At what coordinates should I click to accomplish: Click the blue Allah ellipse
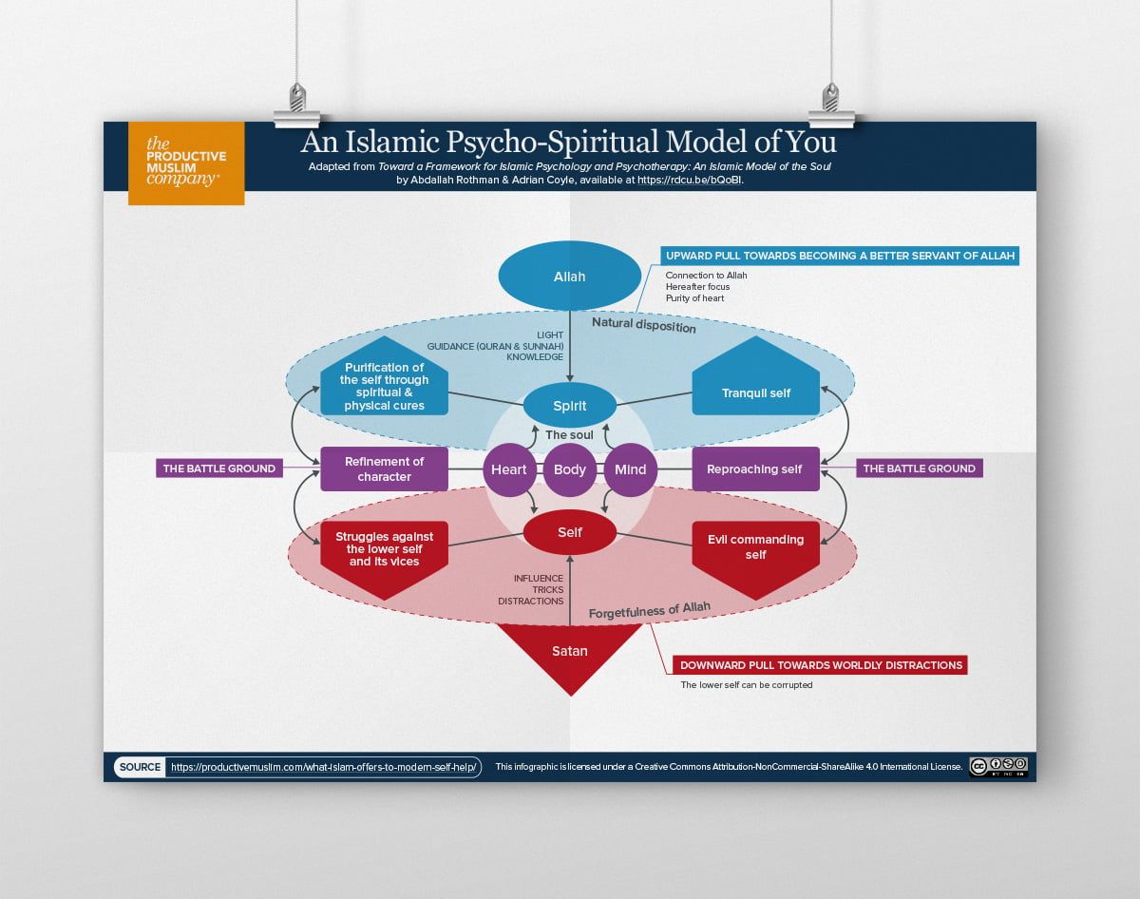pyautogui.click(x=570, y=277)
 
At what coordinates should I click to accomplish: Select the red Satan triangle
pyautogui.click(x=570, y=654)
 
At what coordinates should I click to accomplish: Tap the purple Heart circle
pyautogui.click(x=509, y=469)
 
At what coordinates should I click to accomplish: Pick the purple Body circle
pyautogui.click(x=570, y=469)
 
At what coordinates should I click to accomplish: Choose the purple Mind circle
pyautogui.click(x=630, y=469)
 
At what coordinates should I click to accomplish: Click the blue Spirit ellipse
pyautogui.click(x=570, y=406)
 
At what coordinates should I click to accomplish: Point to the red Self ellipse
pyautogui.click(x=570, y=532)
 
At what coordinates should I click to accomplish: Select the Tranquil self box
pyautogui.click(x=755, y=385)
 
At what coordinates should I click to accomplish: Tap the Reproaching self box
pyautogui.click(x=755, y=469)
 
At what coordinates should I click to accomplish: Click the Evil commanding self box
pyautogui.click(x=755, y=551)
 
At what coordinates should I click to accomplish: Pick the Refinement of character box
pyautogui.click(x=384, y=469)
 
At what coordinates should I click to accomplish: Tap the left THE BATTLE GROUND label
pyautogui.click(x=219, y=469)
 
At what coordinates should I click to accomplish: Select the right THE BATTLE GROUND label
pyautogui.click(x=919, y=469)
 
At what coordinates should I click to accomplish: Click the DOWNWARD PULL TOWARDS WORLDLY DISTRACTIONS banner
pyautogui.click(x=819, y=665)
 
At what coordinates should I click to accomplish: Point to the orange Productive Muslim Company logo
pyautogui.click(x=186, y=163)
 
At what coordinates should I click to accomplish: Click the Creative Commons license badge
pyautogui.click(x=997, y=766)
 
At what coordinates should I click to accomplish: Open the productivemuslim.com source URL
pyautogui.click(x=323, y=767)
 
